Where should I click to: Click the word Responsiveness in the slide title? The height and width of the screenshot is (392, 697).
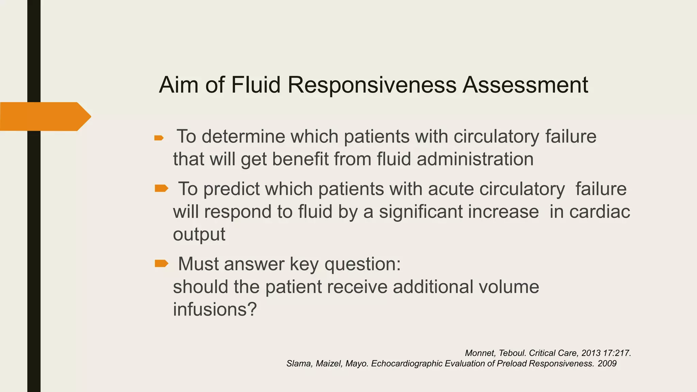pos(372,85)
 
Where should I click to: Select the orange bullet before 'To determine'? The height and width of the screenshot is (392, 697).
pos(159,138)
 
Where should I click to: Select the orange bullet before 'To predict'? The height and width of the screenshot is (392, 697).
pos(161,188)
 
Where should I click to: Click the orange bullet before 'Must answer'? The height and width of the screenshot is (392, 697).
pos(161,263)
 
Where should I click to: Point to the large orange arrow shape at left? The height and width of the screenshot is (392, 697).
pos(45,116)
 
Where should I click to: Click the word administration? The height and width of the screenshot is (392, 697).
pos(475,159)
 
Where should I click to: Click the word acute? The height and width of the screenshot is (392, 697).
pos(451,189)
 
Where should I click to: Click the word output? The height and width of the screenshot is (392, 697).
pos(199,234)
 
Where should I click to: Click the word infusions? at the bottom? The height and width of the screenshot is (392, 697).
pos(214,309)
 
